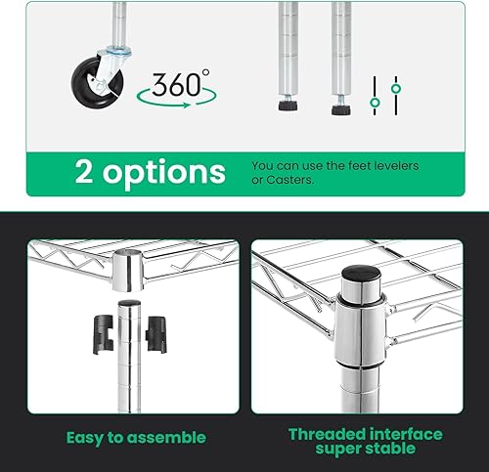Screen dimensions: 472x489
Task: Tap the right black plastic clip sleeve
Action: tap(154, 332)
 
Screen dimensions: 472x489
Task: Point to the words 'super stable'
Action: tap(365, 451)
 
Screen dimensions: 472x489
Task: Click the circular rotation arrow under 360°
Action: tap(177, 98)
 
